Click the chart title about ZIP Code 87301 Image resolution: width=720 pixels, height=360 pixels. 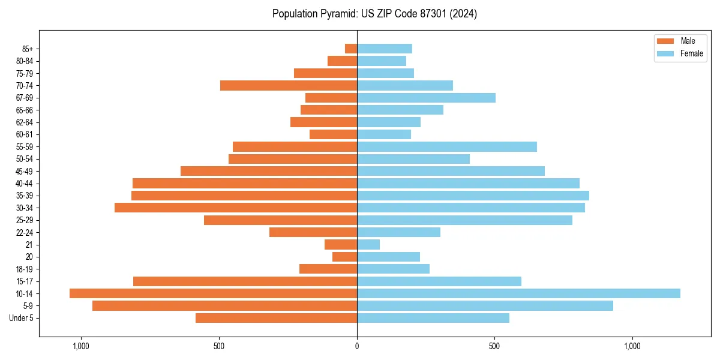coord(374,14)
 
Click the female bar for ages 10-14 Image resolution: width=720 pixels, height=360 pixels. coord(518,293)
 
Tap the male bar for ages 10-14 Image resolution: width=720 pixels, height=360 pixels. coord(213,293)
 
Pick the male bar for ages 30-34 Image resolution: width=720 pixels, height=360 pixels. coord(236,208)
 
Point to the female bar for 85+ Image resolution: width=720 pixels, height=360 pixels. coord(385,49)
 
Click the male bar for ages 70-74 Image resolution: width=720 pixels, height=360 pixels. coord(289,85)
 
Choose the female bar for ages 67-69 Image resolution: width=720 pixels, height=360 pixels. coord(426,98)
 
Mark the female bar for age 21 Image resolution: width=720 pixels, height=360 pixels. coord(368,244)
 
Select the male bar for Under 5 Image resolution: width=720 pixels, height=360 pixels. coord(276,318)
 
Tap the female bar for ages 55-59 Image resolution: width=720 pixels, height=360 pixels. coord(447,146)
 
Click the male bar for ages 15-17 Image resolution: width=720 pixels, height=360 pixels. coord(245,281)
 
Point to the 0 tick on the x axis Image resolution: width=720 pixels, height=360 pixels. coord(357,346)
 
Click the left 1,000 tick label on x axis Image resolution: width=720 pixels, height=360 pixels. coord(81,346)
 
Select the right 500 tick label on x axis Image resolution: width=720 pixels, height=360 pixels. coord(494,346)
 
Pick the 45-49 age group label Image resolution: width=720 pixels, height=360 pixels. coord(24,171)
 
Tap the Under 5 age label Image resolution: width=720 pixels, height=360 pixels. coord(22,318)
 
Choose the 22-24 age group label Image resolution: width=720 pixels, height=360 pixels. coord(24,232)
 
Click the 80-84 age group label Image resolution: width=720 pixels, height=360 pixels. coord(24,61)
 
